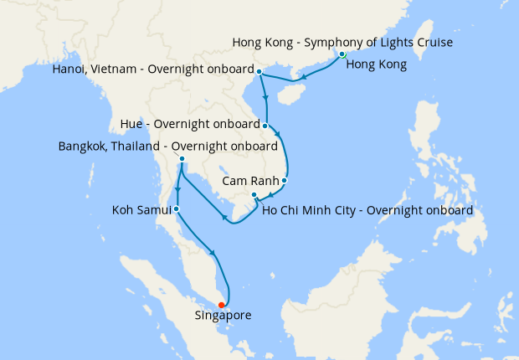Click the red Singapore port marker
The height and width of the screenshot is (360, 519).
(221, 305)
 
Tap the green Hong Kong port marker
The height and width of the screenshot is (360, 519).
(342, 54)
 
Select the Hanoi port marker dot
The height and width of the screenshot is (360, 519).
(259, 71)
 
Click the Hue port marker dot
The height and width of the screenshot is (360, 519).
(265, 126)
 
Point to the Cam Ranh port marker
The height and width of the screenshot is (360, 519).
(285, 180)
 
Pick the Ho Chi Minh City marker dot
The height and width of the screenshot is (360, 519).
(254, 195)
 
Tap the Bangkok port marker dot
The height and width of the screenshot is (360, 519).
(182, 159)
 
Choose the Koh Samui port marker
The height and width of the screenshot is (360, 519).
(176, 208)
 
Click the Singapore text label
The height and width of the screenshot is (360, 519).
(223, 316)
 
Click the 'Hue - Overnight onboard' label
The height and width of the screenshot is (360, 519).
(190, 126)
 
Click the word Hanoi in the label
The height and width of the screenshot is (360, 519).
(69, 71)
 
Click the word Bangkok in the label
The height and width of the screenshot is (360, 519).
(83, 147)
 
